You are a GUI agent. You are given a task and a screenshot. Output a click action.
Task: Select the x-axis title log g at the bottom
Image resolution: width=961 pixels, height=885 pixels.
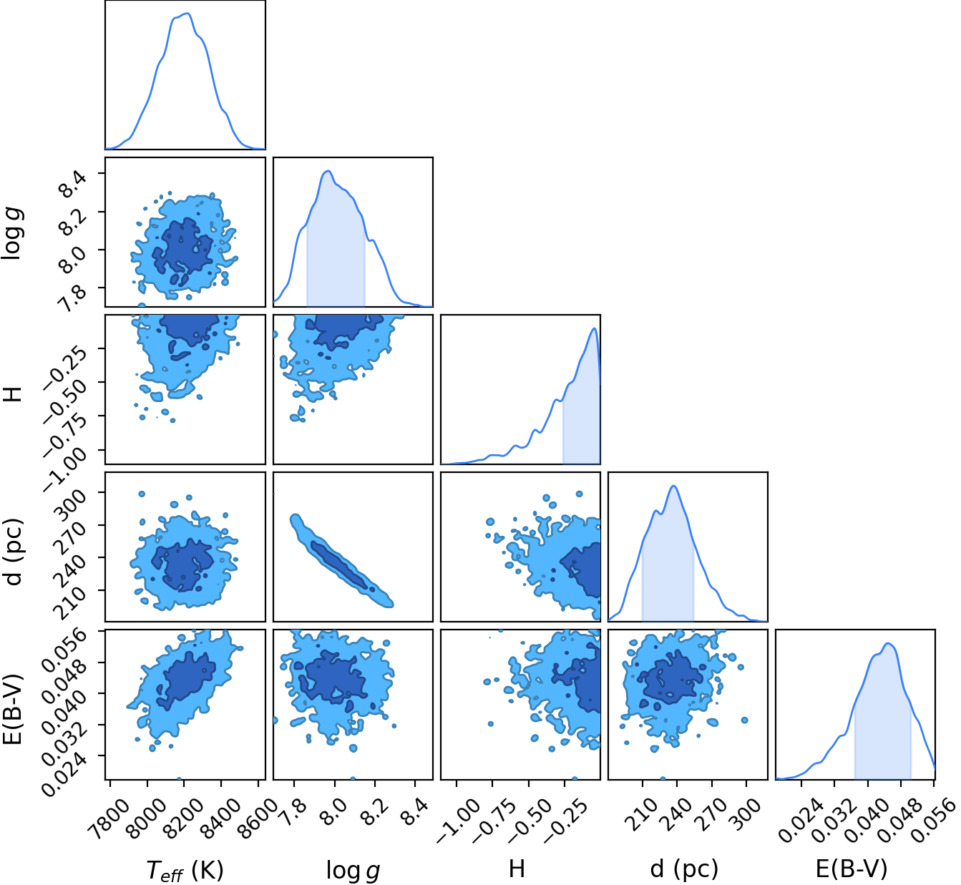pos(353,870)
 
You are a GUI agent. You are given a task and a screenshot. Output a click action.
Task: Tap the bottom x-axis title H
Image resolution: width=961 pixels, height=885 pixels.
pos(517,869)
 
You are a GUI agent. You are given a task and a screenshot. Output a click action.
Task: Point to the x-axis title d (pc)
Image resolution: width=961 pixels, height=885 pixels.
pos(684,869)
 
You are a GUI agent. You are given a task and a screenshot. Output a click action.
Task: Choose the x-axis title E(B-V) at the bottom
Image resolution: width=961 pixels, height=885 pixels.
pos(852,869)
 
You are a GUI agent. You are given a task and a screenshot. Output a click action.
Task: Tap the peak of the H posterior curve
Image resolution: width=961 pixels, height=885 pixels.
pos(594,328)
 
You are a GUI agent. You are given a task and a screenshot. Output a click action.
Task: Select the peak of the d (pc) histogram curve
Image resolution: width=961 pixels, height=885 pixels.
pos(674,486)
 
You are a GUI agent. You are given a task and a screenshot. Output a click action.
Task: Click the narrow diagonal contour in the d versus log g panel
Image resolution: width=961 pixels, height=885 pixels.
pos(342,561)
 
